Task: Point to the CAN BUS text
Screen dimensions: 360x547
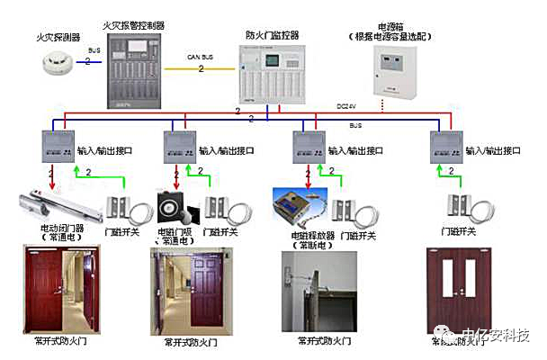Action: (201, 57)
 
